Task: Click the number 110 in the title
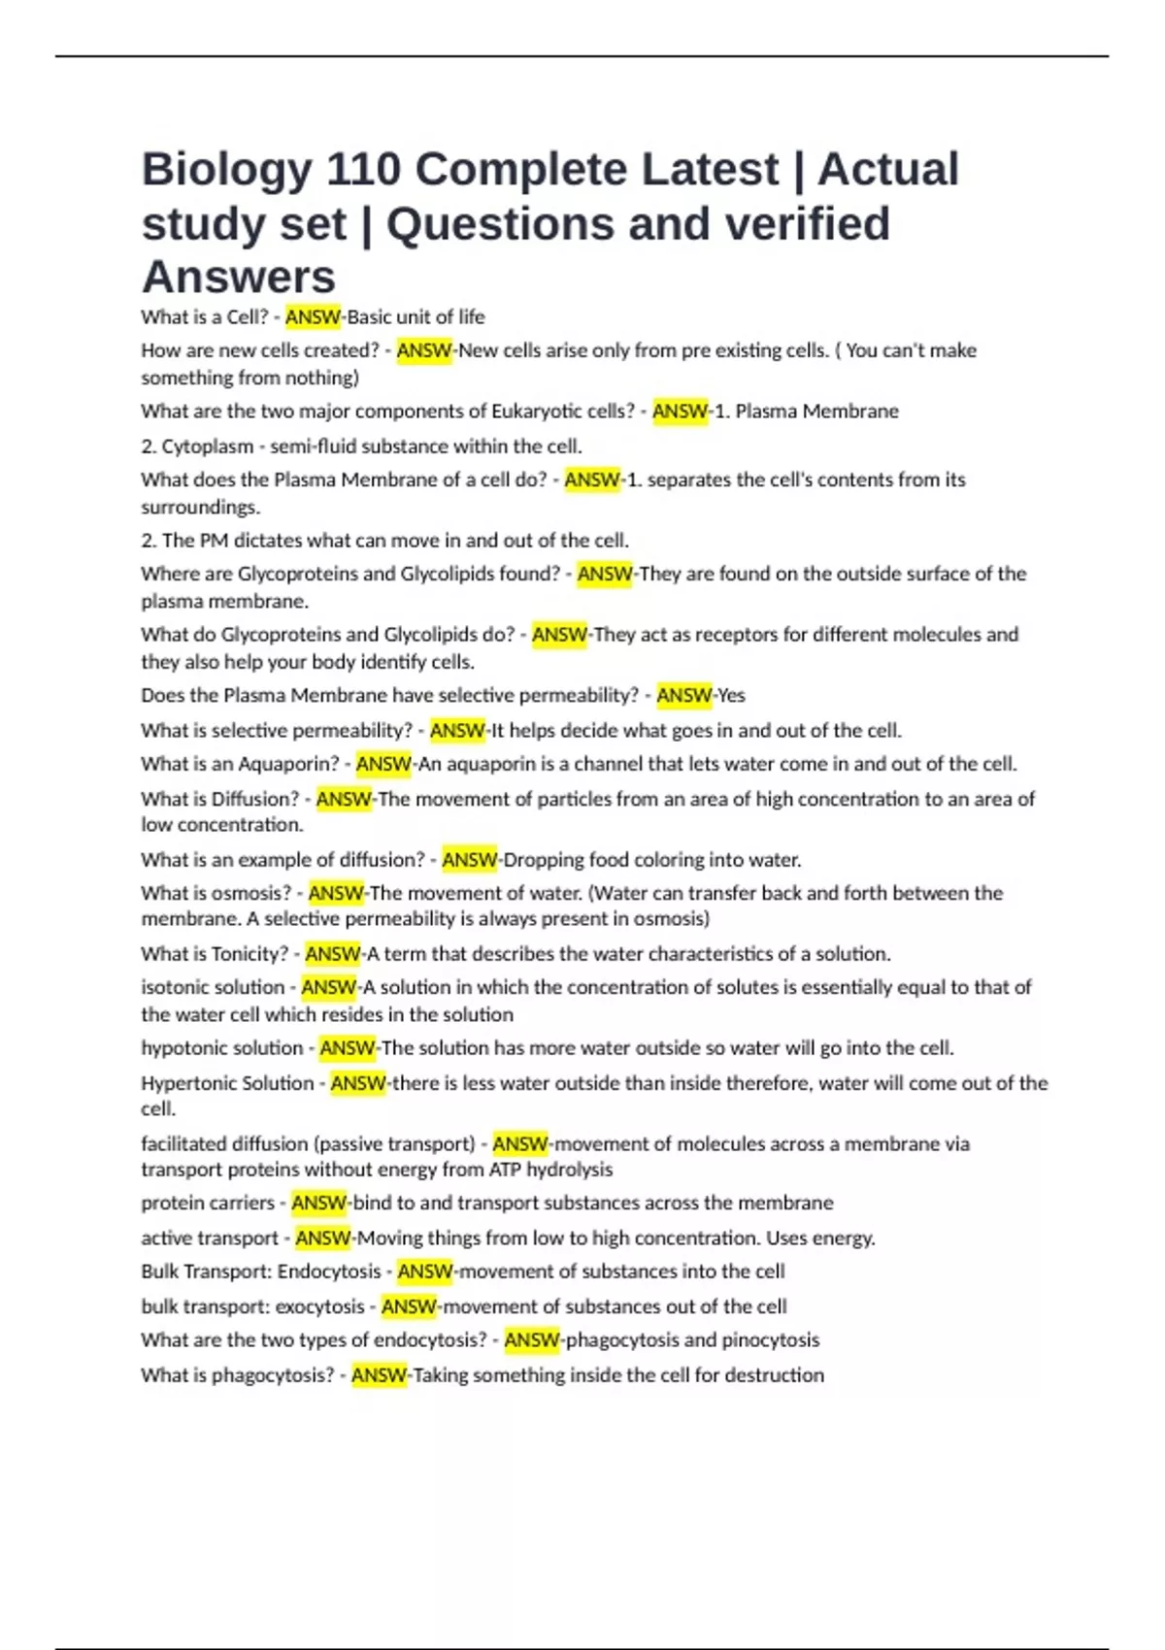(x=363, y=170)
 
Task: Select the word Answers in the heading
(x=239, y=278)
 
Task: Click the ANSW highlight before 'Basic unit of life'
(x=313, y=317)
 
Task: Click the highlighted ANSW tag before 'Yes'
(x=683, y=696)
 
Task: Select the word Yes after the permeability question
(x=731, y=696)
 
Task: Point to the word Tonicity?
(x=250, y=954)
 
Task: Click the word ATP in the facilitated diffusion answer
(x=506, y=1170)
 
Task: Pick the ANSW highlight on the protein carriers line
(x=318, y=1204)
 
